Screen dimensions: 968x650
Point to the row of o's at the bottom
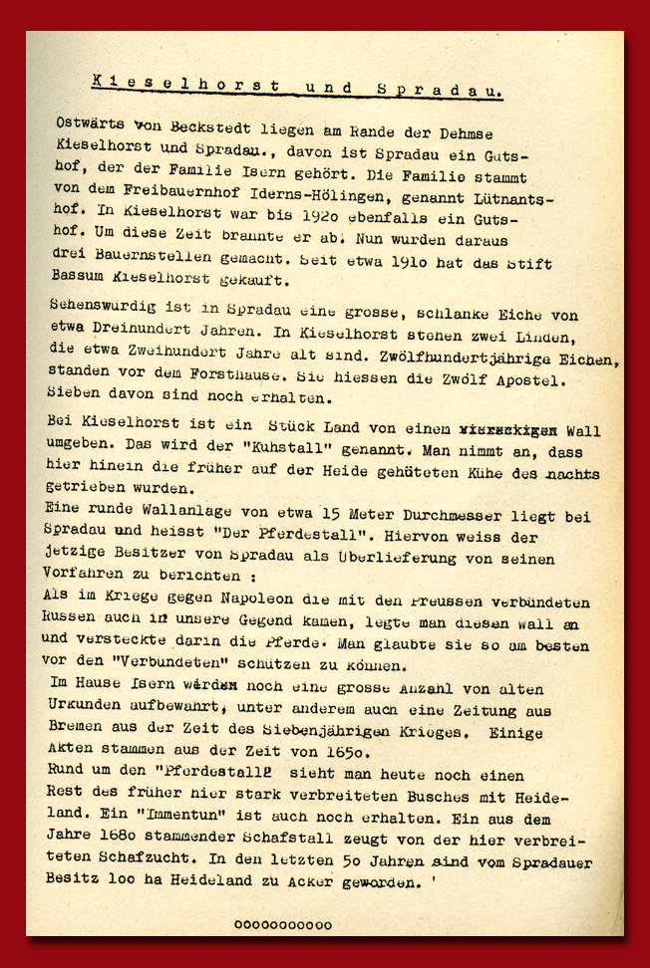[x=283, y=925]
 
